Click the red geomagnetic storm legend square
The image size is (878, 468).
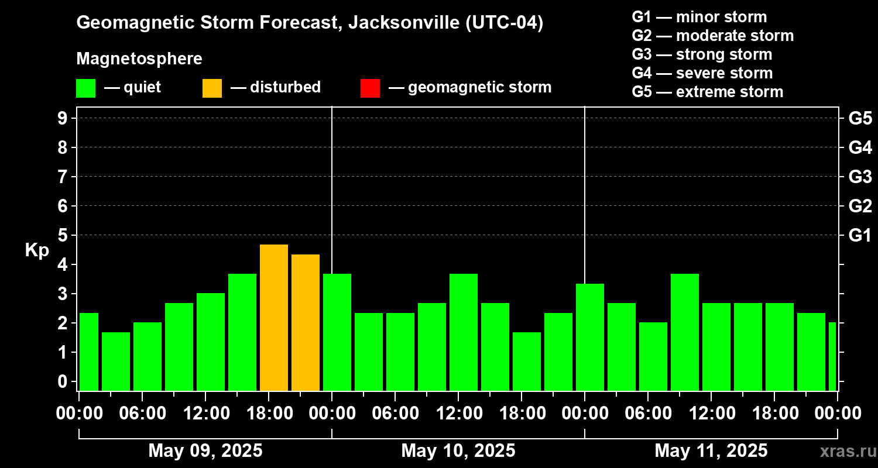(x=370, y=88)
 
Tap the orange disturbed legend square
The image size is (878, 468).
(x=212, y=88)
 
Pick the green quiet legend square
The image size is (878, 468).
(x=85, y=88)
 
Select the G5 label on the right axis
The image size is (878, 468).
(x=860, y=118)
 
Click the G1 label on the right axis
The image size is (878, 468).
(x=860, y=235)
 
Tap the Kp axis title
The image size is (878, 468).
(x=37, y=250)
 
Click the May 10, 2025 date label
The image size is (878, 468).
(x=458, y=450)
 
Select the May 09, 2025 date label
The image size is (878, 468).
(x=205, y=450)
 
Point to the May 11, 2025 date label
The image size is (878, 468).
(x=711, y=450)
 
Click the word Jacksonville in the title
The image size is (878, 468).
(x=398, y=23)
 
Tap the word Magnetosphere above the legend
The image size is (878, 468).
(x=139, y=59)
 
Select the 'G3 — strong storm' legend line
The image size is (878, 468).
(x=702, y=54)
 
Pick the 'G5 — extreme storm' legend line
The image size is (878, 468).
(x=707, y=92)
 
